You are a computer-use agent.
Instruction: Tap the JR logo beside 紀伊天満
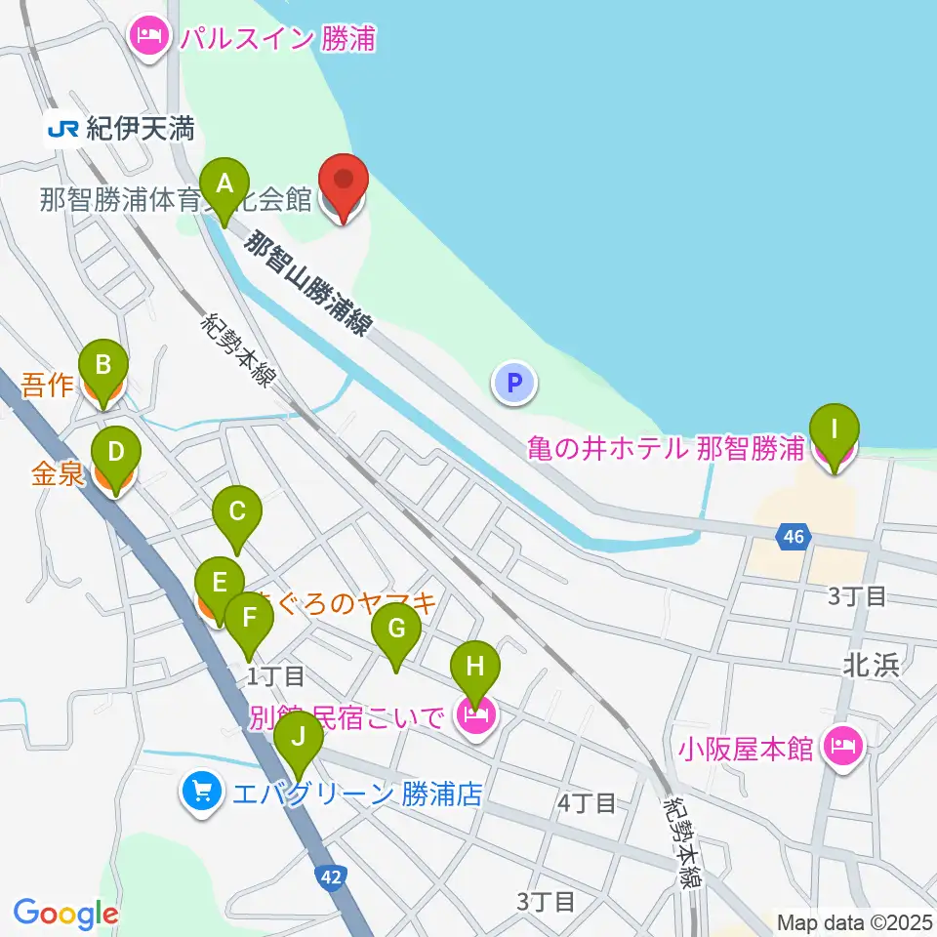click(x=64, y=128)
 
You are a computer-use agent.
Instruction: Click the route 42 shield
click(x=331, y=877)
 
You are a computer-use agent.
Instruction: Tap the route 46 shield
click(x=795, y=535)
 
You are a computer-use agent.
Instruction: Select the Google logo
click(x=64, y=914)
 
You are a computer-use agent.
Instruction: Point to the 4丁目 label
click(x=587, y=803)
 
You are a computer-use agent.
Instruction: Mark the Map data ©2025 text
click(x=853, y=920)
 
